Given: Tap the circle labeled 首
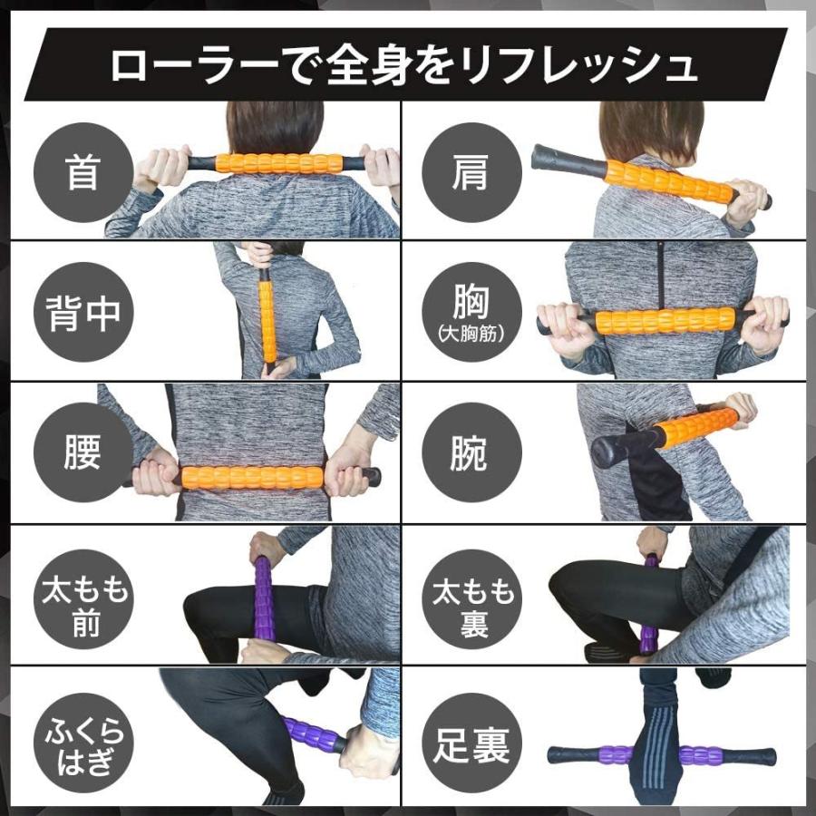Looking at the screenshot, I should (x=83, y=172).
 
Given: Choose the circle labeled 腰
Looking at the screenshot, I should (x=83, y=453).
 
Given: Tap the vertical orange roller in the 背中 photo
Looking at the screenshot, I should (x=267, y=313).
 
